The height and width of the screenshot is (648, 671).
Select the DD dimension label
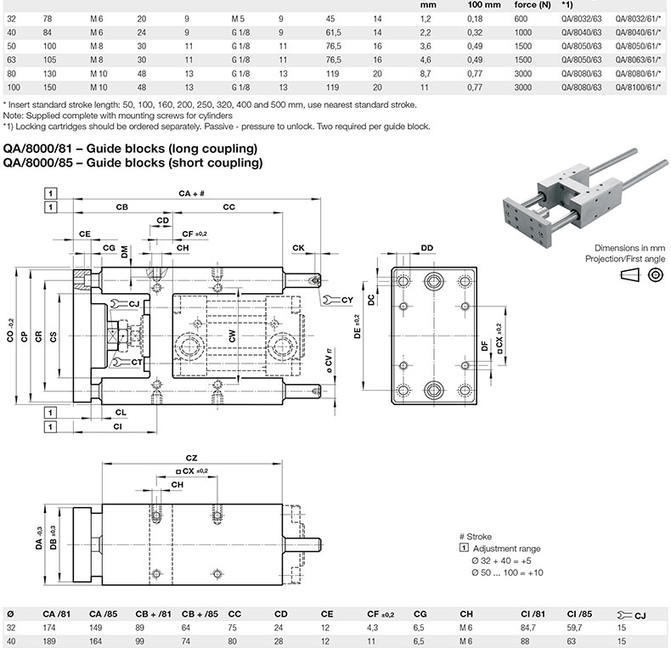point(426,247)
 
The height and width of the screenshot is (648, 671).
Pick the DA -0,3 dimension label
point(40,539)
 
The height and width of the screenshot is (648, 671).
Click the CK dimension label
point(298,247)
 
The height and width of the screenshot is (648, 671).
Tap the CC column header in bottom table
point(234,613)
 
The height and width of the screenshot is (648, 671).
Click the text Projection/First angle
point(625,256)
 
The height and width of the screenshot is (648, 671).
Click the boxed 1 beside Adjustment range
point(464,549)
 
